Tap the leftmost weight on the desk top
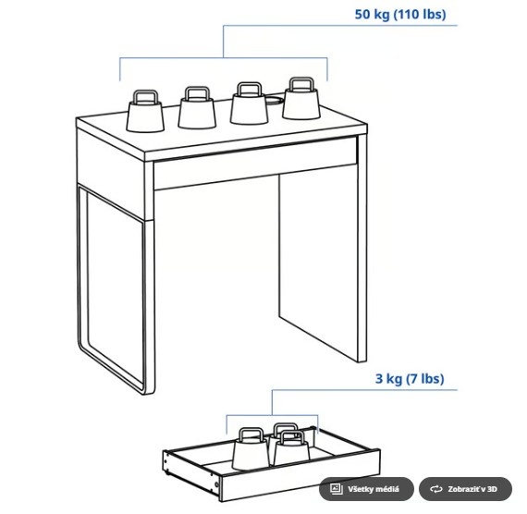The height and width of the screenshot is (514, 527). [x=144, y=113]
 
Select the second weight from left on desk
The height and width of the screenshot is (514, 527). [x=196, y=110]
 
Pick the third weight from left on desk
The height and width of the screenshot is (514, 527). [x=248, y=106]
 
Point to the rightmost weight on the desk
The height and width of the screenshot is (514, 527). [x=300, y=101]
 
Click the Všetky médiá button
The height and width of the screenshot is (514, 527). [x=366, y=488]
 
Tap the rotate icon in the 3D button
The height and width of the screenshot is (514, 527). [x=435, y=488]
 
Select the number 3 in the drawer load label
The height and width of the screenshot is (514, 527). [x=378, y=379]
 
